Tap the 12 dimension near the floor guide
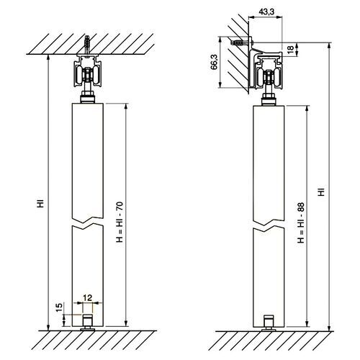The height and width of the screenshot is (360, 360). [87, 297]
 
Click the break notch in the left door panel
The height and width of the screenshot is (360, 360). [88, 221]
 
